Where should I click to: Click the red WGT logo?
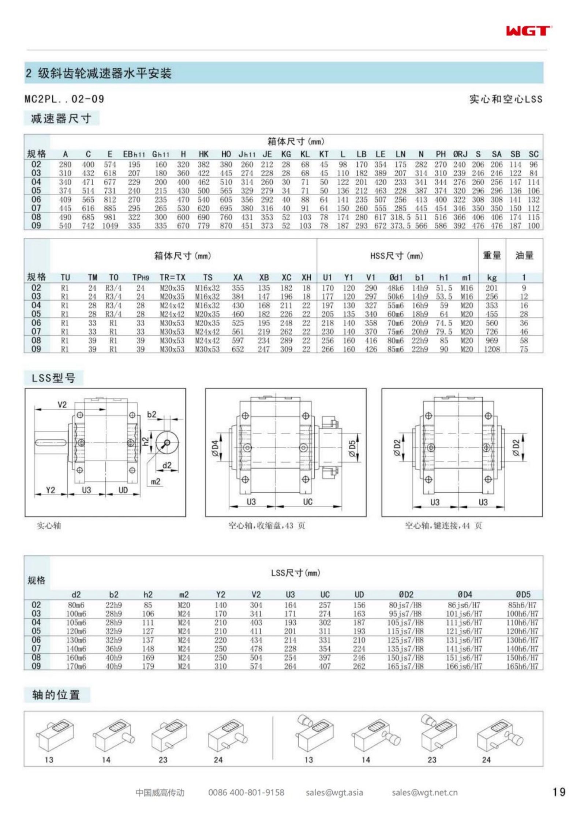click(528, 31)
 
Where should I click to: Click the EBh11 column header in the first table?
click(134, 154)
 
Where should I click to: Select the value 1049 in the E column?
click(110, 226)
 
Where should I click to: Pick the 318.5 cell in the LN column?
click(400, 217)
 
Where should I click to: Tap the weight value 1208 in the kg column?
click(491, 349)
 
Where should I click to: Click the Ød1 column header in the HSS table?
click(395, 278)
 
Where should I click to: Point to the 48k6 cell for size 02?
click(395, 288)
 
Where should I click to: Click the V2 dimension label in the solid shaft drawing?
click(62, 405)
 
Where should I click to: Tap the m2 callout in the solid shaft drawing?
click(156, 481)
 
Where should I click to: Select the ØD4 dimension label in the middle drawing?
click(215, 448)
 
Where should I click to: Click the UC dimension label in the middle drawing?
click(308, 502)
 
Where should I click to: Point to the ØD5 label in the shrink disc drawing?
click(352, 448)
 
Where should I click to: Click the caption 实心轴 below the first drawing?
click(49, 526)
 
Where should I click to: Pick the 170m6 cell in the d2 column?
click(76, 666)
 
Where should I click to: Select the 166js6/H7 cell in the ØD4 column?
click(464, 666)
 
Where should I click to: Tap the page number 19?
click(559, 792)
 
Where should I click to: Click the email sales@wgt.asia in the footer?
click(334, 793)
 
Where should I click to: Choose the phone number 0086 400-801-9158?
click(246, 793)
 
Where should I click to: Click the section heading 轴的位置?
click(56, 695)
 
